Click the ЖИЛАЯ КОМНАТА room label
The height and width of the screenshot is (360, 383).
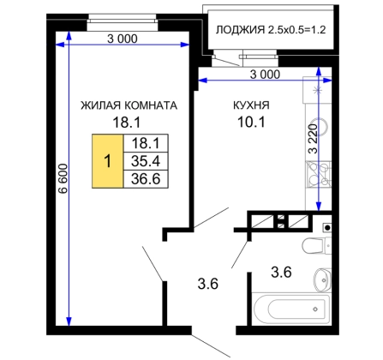coord(129,105)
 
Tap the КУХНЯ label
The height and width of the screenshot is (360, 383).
coord(251,105)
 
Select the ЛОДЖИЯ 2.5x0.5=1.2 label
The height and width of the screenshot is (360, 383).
coord(271,30)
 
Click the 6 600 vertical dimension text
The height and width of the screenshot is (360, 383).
coord(63,178)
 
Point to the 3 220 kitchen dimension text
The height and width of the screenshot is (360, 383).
coord(314,139)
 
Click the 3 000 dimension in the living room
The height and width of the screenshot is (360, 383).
coord(123,39)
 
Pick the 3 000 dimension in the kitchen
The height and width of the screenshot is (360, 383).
coord(265,75)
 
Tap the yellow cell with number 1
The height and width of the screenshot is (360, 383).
coord(108,161)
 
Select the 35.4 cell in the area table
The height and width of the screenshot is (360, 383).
coord(146,161)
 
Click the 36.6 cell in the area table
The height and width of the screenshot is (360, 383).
coord(146,179)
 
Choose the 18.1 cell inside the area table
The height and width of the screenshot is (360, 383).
coord(146,143)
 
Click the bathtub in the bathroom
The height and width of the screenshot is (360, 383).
coord(291,309)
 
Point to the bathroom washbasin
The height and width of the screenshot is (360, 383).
coord(322,279)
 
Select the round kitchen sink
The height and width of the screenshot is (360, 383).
coord(321,127)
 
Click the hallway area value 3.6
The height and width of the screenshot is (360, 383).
coord(208,284)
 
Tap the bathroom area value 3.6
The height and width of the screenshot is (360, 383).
coord(281,272)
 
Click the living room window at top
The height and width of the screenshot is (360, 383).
coord(123,22)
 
